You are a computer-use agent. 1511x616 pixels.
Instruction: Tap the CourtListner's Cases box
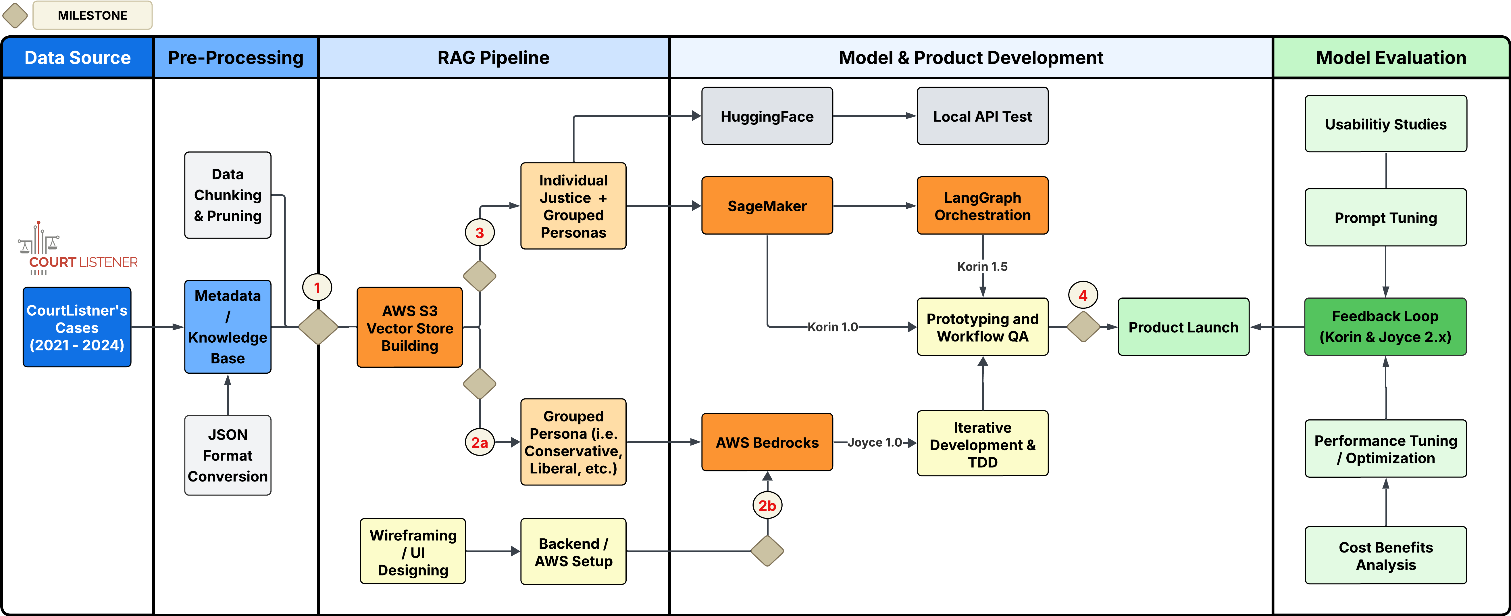pyautogui.click(x=77, y=327)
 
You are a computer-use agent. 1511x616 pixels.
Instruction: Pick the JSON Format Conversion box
pyautogui.click(x=228, y=455)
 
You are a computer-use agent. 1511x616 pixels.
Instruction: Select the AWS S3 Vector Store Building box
pyautogui.click(x=409, y=328)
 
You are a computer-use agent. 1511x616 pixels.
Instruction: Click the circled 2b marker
pyautogui.click(x=767, y=505)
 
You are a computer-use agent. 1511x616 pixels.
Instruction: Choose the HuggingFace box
pyautogui.click(x=767, y=116)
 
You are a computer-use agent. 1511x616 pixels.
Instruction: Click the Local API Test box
pyautogui.click(x=983, y=116)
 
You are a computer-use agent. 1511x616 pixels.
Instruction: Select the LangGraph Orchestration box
pyautogui.click(x=983, y=206)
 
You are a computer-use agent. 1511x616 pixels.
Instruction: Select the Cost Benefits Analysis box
pyautogui.click(x=1385, y=556)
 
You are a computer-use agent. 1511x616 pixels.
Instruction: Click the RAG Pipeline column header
pyautogui.click(x=493, y=57)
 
